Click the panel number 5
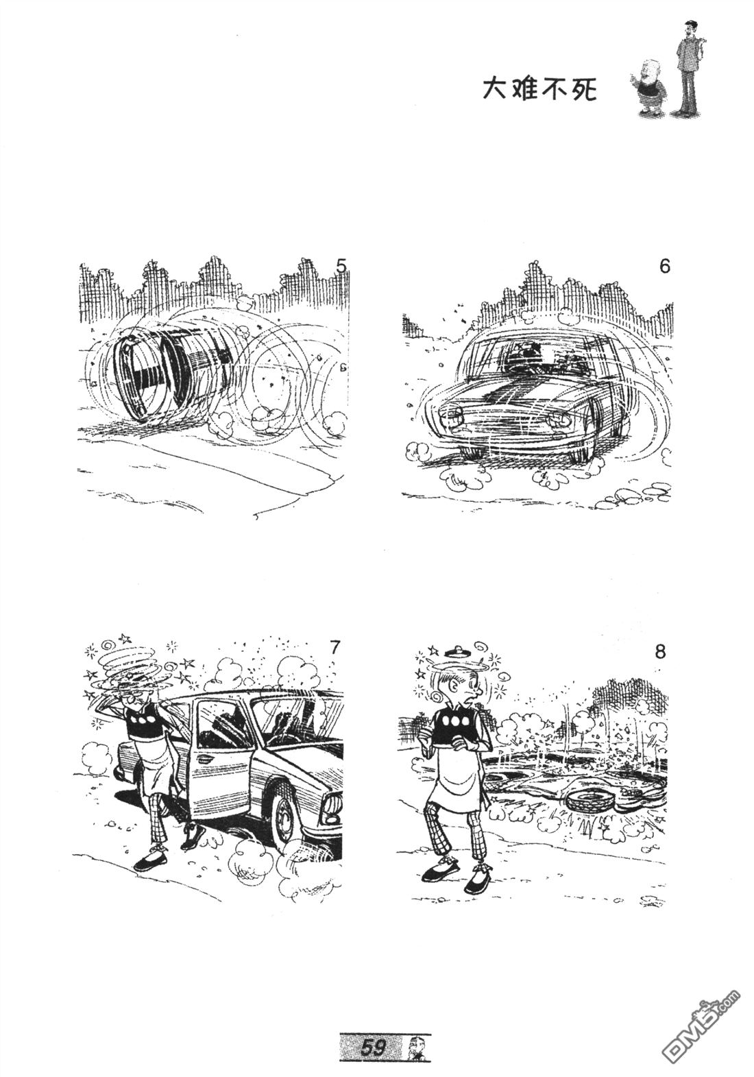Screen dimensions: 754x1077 pyautogui.click(x=341, y=266)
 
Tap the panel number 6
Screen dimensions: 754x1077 pyautogui.click(x=664, y=266)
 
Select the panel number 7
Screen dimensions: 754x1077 pyautogui.click(x=336, y=649)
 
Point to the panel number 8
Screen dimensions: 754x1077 pyautogui.click(x=660, y=653)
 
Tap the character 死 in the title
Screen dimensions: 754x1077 pyautogui.click(x=583, y=89)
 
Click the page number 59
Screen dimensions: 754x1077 pyautogui.click(x=374, y=1047)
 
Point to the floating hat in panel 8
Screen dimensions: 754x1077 pyautogui.click(x=455, y=651)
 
